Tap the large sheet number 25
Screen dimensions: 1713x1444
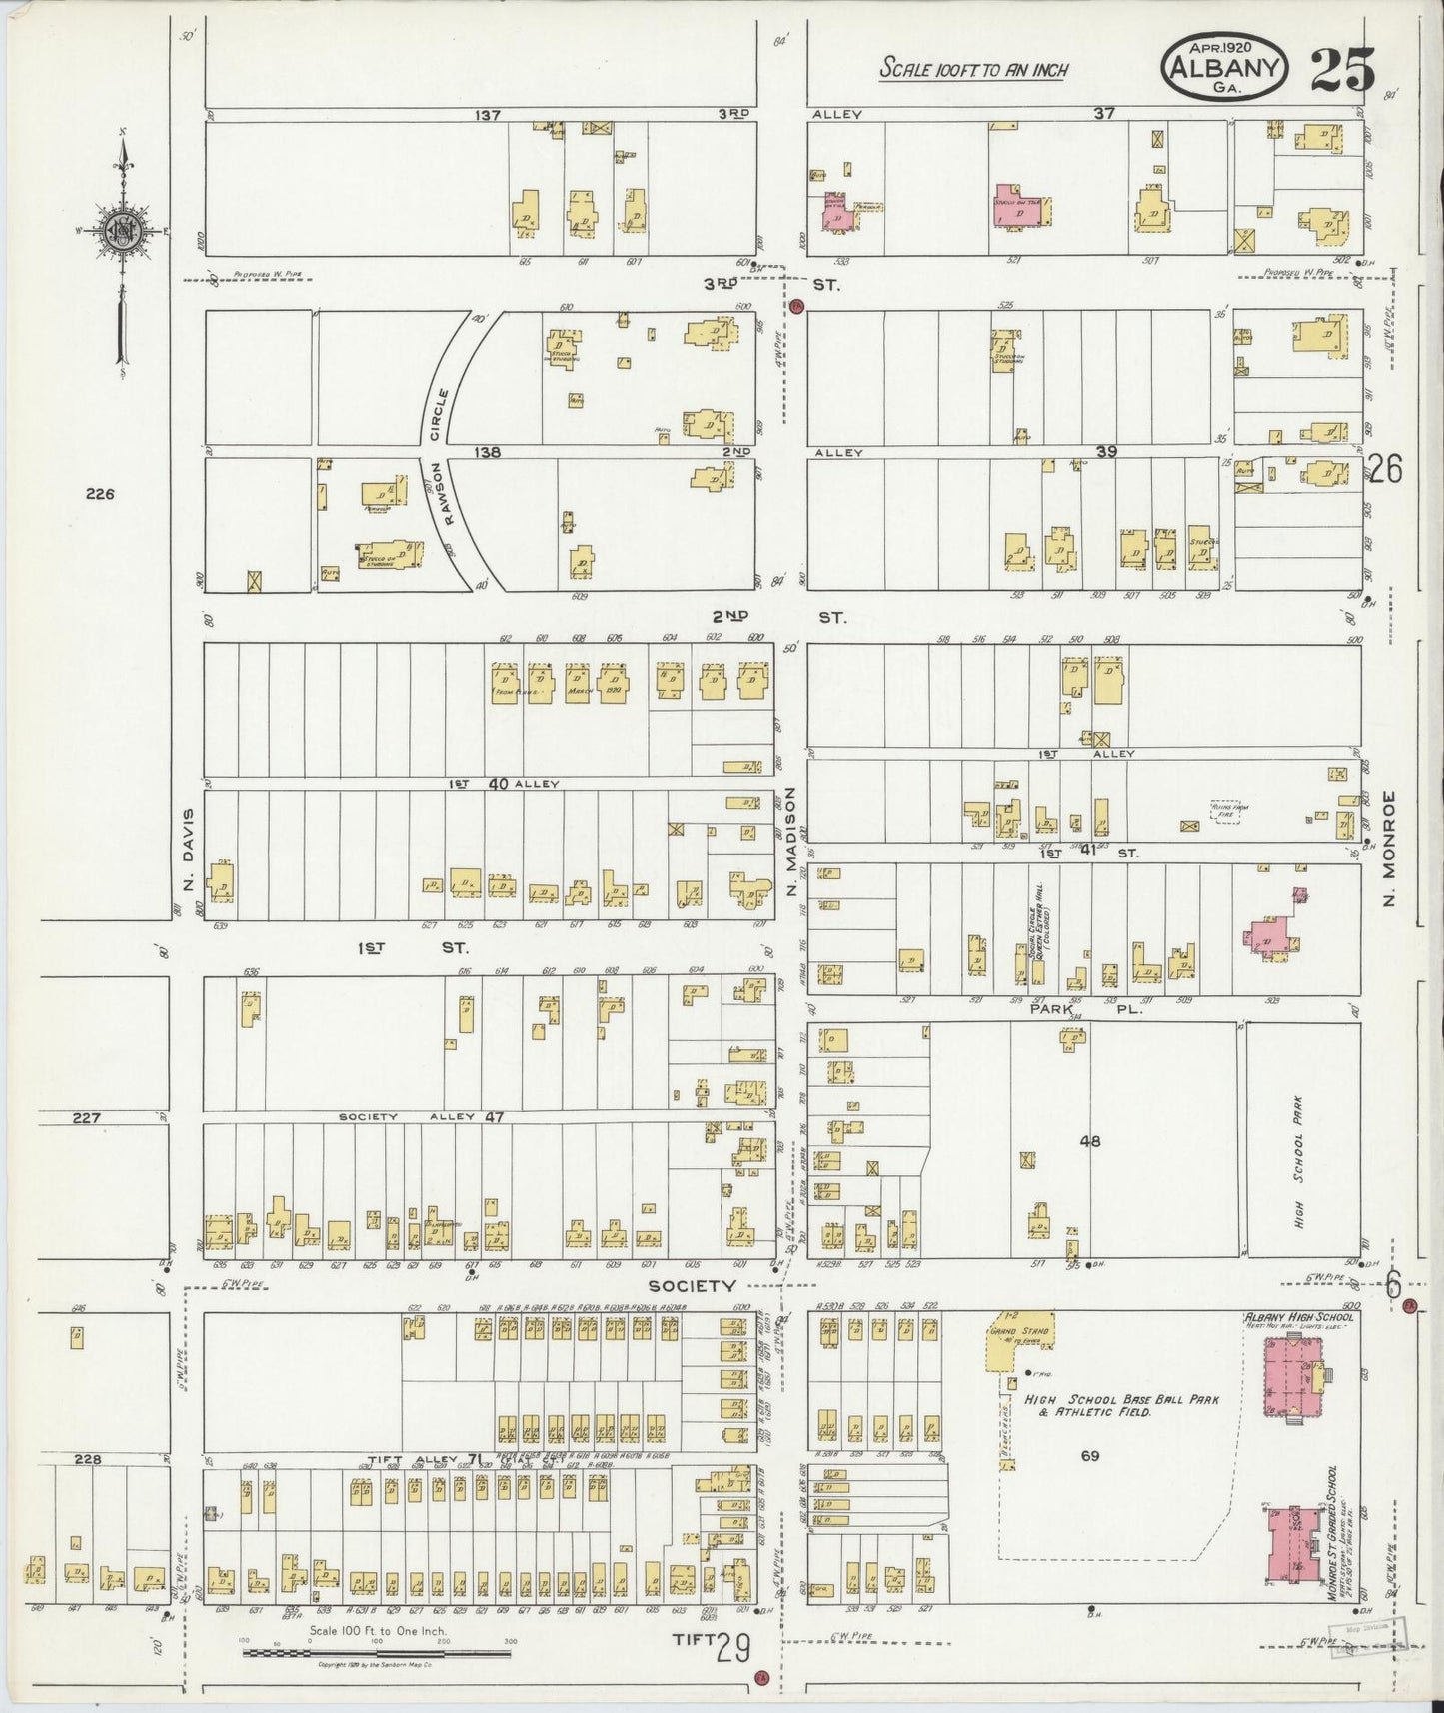tap(1342, 70)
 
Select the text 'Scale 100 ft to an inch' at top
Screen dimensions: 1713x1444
tap(973, 69)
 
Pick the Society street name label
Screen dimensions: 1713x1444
tap(691, 1285)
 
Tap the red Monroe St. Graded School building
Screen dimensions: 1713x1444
tap(1296, 1543)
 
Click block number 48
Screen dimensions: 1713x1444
tap(1089, 1140)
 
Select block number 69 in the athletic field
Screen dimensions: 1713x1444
tap(1089, 1455)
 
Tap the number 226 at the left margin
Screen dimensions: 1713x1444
tap(101, 493)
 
